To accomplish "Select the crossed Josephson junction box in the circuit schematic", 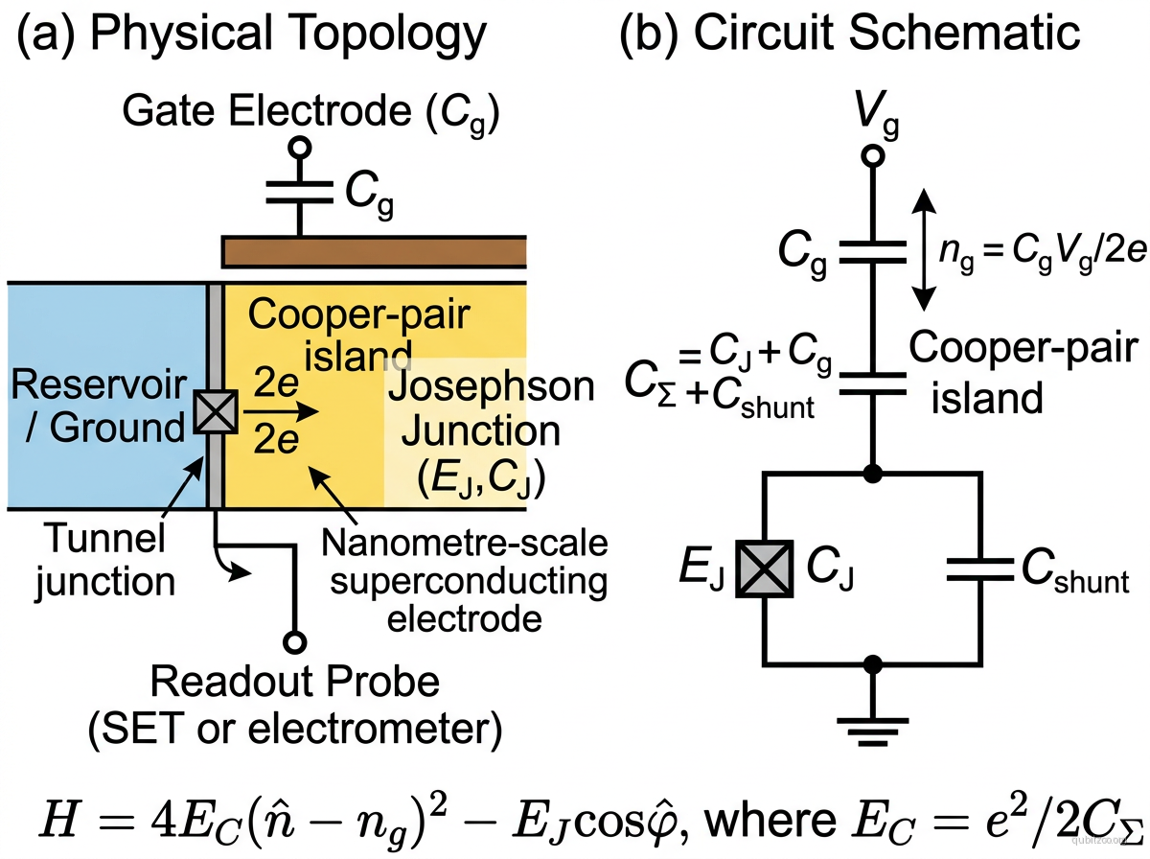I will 764,569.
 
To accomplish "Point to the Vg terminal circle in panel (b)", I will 871,153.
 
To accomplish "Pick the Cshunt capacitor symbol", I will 978,569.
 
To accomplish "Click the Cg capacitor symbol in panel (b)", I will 871,251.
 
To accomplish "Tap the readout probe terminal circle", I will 294,641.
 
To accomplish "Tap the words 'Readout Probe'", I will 295,683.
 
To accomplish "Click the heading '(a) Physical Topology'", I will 251,35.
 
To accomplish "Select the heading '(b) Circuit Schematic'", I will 851,35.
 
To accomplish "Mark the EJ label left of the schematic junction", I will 703,569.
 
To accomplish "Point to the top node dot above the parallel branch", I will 871,472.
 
